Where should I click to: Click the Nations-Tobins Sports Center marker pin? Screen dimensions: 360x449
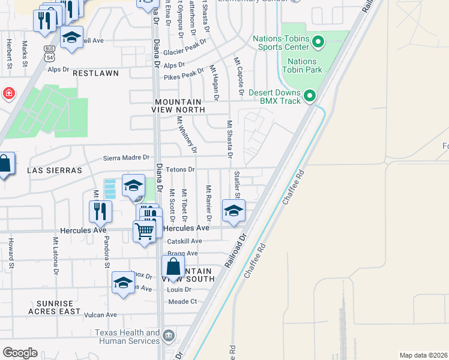coord(319,42)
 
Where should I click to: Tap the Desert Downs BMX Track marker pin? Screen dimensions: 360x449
coord(310,96)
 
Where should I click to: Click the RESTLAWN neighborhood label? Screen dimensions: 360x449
coord(95,73)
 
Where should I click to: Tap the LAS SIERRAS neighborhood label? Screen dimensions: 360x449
coord(54,170)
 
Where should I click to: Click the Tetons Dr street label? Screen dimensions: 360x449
coord(181,170)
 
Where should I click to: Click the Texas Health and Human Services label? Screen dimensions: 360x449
coord(128,337)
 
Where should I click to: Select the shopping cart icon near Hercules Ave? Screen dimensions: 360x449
coord(144,231)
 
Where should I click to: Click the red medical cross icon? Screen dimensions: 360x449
coord(8,94)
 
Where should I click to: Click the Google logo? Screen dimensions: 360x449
coord(20,353)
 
